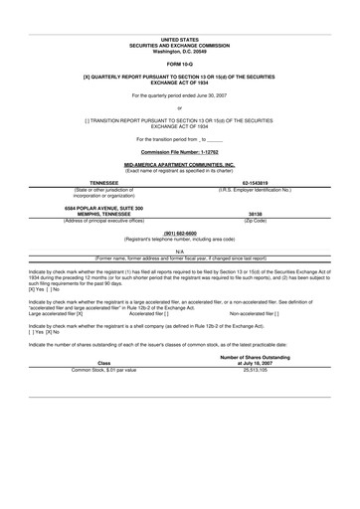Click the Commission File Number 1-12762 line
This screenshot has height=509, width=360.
pos(180,137)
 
